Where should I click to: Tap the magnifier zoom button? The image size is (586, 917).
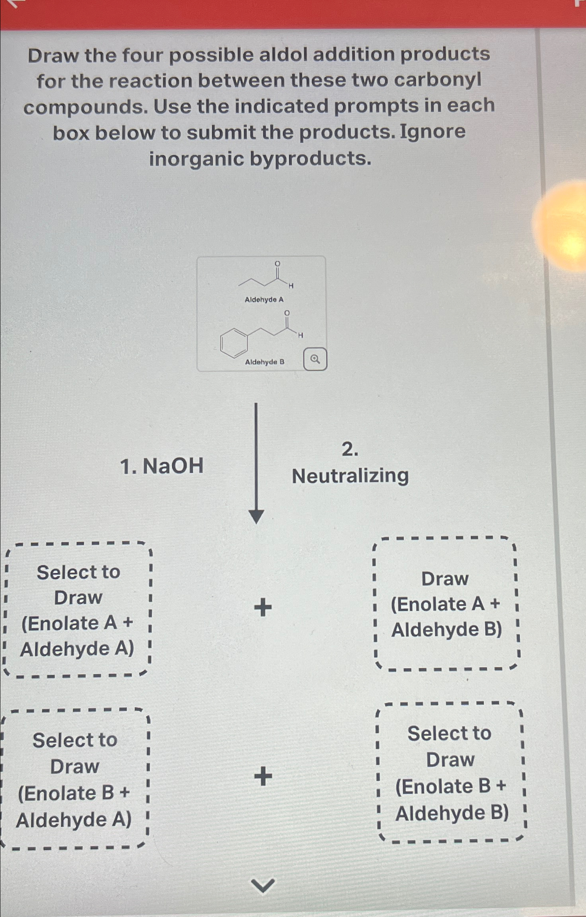315,359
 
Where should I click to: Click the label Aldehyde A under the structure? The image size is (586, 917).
264,300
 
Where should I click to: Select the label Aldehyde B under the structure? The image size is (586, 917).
265,362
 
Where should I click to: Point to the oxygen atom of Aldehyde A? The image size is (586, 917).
277,264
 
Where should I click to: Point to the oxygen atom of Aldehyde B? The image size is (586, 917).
287,313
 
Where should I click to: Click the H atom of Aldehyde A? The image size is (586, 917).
291,286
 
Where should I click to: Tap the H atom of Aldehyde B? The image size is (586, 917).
300,335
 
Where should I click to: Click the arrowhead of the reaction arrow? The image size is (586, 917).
256,516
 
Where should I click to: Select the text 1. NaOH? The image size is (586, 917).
161,466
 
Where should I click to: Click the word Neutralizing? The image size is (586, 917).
350,476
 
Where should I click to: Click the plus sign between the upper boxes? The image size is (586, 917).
263,607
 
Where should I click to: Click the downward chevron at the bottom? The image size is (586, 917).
263,886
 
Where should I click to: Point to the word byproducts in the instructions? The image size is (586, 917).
311,159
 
